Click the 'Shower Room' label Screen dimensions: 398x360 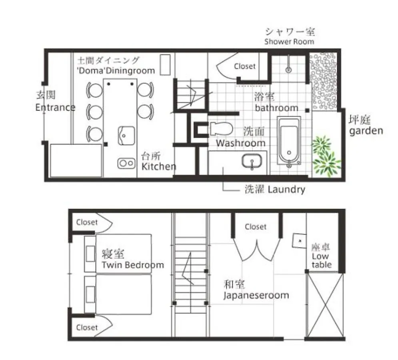(x=289, y=42)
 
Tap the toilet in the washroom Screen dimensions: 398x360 (x=221, y=129)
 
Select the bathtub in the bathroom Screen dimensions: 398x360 (x=289, y=140)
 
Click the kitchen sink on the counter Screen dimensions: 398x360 (x=126, y=136)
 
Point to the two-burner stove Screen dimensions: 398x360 (x=126, y=163)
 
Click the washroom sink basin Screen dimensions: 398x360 (x=252, y=161)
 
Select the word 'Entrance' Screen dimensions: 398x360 (x=55, y=108)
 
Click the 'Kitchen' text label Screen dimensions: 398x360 (x=159, y=166)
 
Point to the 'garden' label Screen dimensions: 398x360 (x=366, y=131)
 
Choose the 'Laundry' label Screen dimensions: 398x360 (x=286, y=190)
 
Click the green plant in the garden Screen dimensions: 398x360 (x=326, y=156)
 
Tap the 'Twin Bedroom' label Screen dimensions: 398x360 (x=133, y=265)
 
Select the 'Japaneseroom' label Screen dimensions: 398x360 (x=256, y=296)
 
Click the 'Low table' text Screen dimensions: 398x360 (x=322, y=260)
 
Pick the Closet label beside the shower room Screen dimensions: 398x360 (x=245, y=66)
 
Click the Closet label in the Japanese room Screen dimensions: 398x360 (x=256, y=227)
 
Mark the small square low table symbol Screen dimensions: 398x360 (x=300, y=240)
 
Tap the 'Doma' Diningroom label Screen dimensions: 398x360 (x=116, y=70)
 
